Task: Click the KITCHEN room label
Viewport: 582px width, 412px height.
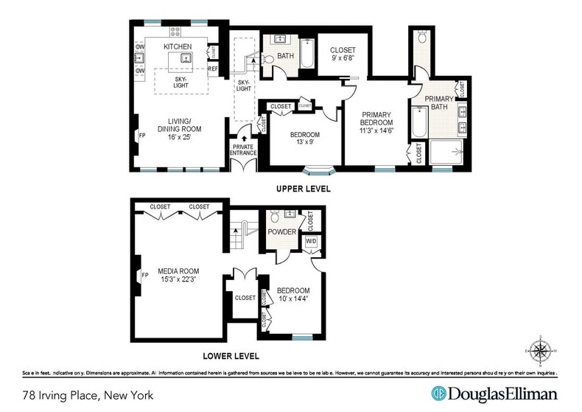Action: click(x=177, y=47)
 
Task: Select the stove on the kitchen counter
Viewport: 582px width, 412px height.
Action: click(x=175, y=32)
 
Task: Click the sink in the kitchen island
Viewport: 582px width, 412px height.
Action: click(x=186, y=57)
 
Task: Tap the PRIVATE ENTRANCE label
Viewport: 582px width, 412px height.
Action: click(x=243, y=150)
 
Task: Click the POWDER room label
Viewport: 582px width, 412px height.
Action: click(x=282, y=232)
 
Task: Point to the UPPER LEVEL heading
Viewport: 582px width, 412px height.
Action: click(x=303, y=189)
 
